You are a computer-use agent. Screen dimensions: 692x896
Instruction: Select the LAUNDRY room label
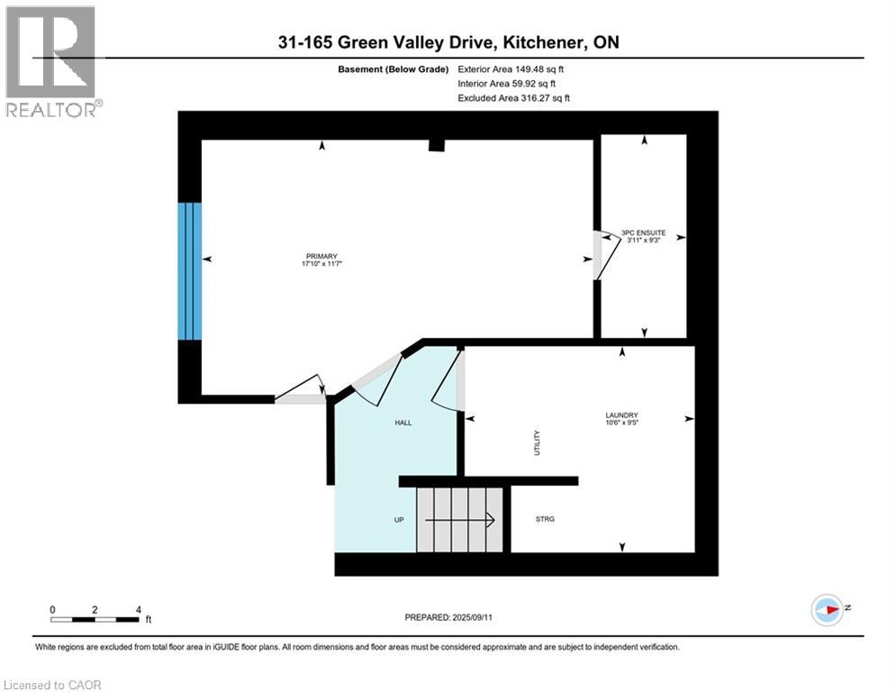[x=621, y=416]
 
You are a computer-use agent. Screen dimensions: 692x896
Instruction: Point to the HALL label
[x=403, y=423]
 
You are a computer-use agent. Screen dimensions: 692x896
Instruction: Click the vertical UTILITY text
[x=538, y=442]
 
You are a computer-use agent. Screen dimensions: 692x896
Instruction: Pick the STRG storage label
[x=545, y=519]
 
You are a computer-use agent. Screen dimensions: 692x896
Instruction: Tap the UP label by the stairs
[x=398, y=520]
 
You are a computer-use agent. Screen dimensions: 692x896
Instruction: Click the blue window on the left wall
[x=189, y=270]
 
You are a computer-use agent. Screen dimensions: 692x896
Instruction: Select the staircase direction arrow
[x=459, y=519]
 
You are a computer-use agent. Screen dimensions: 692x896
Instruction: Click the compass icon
[x=826, y=608]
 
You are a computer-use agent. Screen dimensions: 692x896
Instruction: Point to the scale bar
[x=95, y=619]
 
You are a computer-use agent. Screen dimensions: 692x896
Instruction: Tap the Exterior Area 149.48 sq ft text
[x=511, y=68]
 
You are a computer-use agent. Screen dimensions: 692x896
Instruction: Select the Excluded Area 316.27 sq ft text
[x=513, y=97]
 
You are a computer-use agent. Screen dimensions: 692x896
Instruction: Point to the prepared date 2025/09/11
[x=448, y=617]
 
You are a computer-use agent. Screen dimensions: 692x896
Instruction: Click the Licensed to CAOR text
[x=52, y=685]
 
